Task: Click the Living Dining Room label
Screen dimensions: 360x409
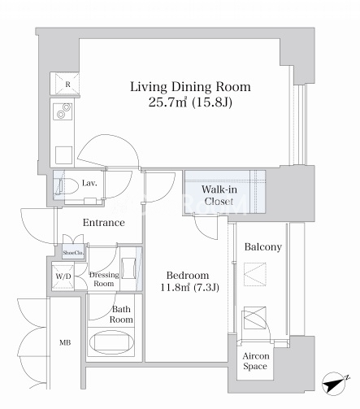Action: (190, 87)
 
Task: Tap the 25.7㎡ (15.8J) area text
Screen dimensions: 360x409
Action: (190, 102)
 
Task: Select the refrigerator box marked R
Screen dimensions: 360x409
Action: (65, 84)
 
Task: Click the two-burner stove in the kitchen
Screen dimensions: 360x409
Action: (63, 111)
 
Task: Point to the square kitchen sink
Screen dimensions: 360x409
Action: (64, 155)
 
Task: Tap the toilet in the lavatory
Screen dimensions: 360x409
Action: (65, 186)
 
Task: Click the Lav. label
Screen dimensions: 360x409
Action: (89, 183)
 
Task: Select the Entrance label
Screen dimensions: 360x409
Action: (104, 223)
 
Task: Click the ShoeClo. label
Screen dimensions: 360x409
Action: (73, 253)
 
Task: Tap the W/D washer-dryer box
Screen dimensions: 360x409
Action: (63, 276)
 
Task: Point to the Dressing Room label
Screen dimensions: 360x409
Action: (104, 279)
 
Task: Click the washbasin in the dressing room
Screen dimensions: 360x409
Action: (128, 268)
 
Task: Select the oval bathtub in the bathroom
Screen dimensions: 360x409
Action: (111, 342)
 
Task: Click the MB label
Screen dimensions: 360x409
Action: (65, 343)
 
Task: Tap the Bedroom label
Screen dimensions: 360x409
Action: (188, 276)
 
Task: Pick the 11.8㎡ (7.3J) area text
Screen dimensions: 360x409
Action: (189, 287)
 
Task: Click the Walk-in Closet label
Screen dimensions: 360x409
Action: (219, 195)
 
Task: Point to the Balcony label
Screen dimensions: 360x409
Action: (263, 247)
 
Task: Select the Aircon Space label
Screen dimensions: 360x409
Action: (256, 361)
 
